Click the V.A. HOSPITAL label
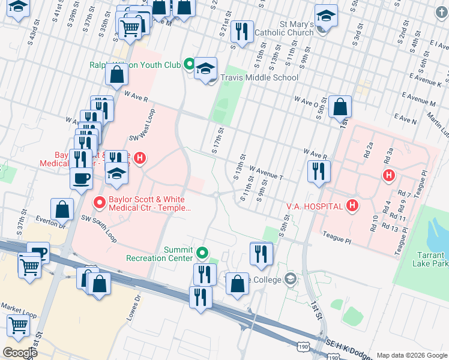(x=314, y=206)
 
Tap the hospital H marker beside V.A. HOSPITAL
(x=352, y=206)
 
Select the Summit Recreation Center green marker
(x=203, y=253)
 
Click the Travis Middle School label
(x=259, y=77)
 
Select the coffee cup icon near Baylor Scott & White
(x=81, y=178)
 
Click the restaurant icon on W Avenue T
(x=319, y=171)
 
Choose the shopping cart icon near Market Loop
(x=19, y=326)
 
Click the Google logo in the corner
(x=20, y=352)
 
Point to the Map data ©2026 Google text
(x=410, y=355)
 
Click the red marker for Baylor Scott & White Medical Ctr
(x=98, y=203)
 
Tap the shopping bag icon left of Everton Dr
(x=62, y=209)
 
